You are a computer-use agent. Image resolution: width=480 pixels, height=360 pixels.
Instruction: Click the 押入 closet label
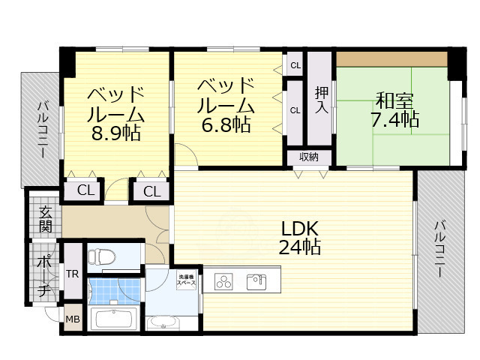point(321,99)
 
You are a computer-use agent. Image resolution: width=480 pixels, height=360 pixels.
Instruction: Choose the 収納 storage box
point(309,157)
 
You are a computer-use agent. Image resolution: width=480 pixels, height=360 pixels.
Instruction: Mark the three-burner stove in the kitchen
point(225,282)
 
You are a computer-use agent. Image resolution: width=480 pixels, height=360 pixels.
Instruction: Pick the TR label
point(73,273)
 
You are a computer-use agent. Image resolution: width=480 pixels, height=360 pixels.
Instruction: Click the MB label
point(73,319)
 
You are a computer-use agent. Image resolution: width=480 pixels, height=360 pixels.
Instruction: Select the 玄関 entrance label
point(46,218)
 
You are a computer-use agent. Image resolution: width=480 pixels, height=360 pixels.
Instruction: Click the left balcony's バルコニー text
point(41,129)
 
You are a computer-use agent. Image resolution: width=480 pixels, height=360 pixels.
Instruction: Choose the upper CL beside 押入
point(295,65)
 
